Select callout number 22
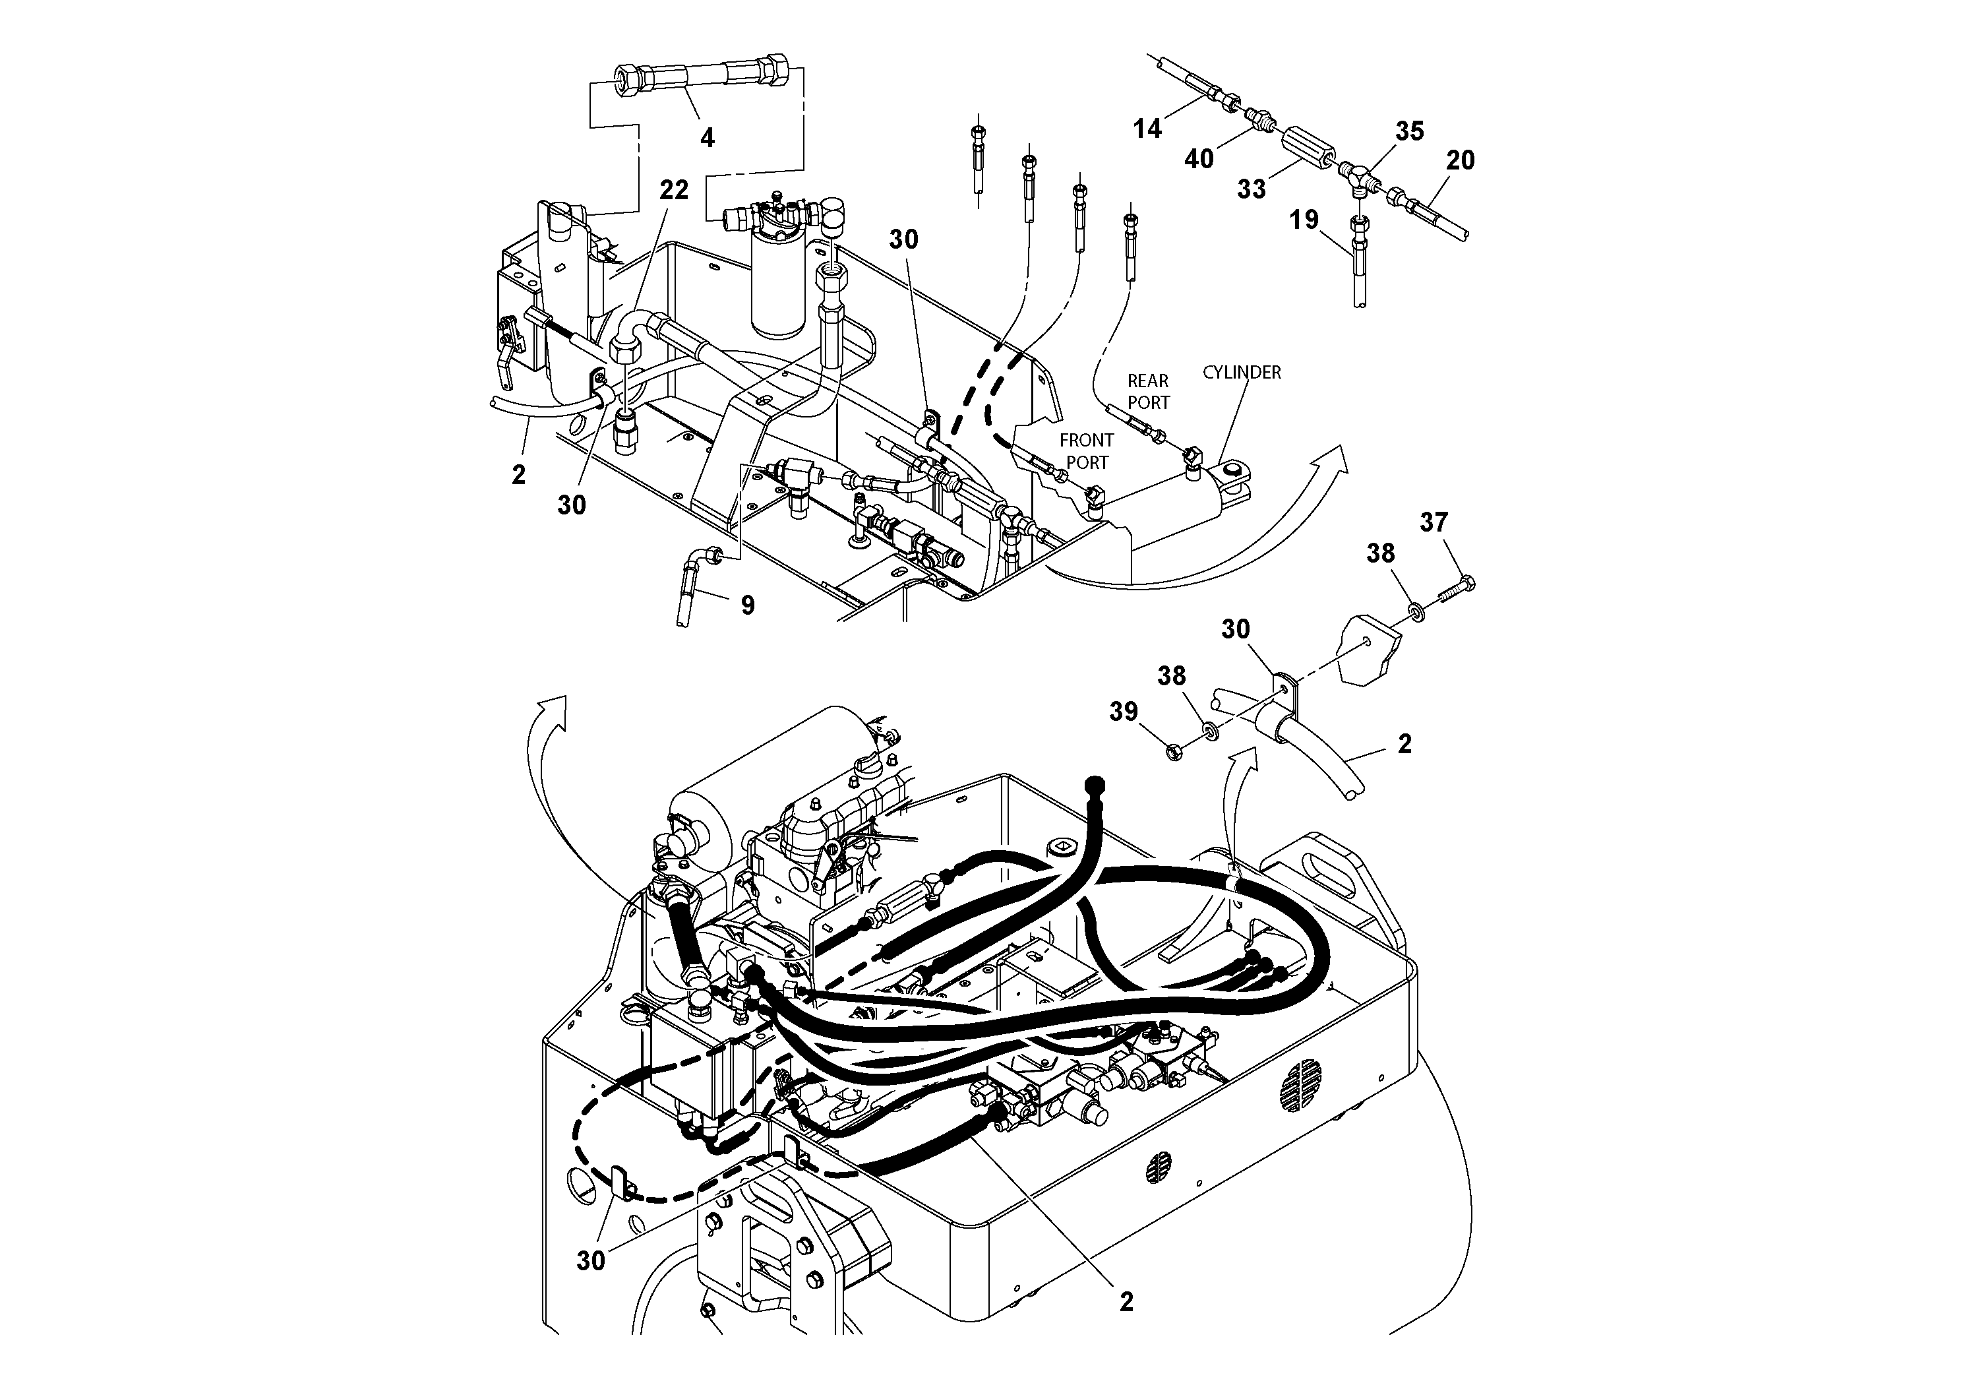pyautogui.click(x=674, y=190)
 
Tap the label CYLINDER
pyautogui.click(x=1242, y=373)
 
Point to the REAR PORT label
pyautogui.click(x=1148, y=392)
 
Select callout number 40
pyautogui.click(x=1199, y=159)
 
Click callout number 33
pyautogui.click(x=1252, y=189)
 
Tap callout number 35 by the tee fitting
pyautogui.click(x=1410, y=131)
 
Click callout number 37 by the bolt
pyautogui.click(x=1434, y=522)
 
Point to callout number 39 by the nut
pyautogui.click(x=1124, y=712)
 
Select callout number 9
pyautogui.click(x=747, y=605)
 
